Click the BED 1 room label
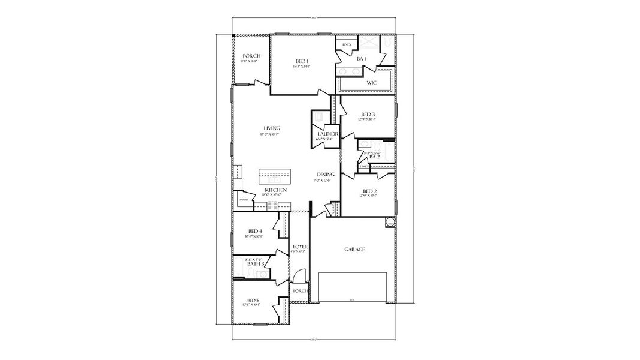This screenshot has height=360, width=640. click(x=302, y=61)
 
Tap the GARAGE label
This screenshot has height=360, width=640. click(x=354, y=249)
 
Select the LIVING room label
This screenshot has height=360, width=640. click(x=272, y=128)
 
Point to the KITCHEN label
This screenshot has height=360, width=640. click(x=275, y=190)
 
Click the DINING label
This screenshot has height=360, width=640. click(x=326, y=175)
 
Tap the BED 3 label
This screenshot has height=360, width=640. click(x=368, y=114)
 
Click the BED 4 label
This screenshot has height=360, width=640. click(x=254, y=231)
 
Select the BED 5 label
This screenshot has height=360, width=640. click(x=253, y=300)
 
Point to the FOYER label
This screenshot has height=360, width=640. click(x=300, y=247)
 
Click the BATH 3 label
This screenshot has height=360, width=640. click(x=256, y=263)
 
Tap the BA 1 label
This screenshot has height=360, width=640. click(x=361, y=59)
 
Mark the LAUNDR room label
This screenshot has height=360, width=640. click(x=329, y=134)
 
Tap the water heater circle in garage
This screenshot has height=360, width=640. click(x=389, y=222)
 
